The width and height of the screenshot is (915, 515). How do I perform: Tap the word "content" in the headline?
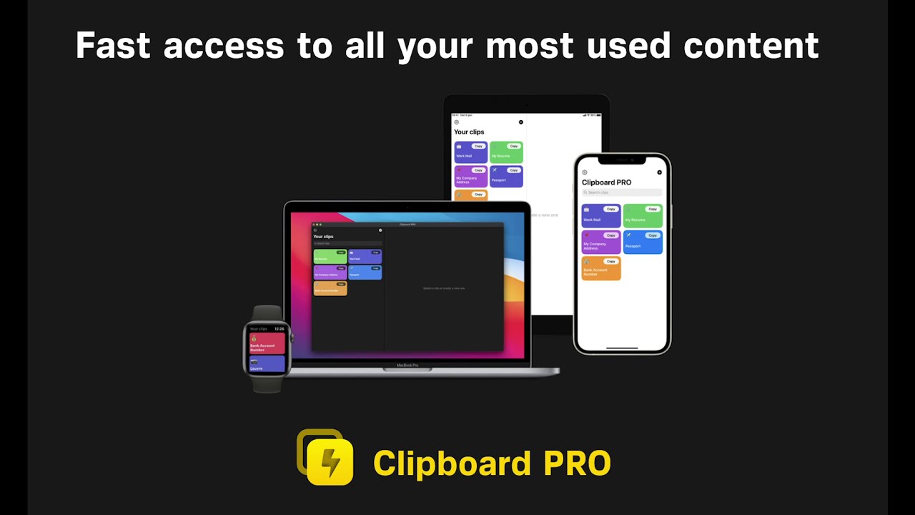751,46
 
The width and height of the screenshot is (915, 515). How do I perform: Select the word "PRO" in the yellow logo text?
577,463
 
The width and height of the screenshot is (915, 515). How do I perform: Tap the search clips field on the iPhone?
621,192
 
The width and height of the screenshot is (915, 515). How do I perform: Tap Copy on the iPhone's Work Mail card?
610,209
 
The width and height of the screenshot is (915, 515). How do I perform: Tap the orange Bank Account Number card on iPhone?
600,269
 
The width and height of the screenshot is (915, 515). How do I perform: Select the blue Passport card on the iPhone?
642,242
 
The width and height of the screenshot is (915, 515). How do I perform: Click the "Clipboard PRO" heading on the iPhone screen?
606,182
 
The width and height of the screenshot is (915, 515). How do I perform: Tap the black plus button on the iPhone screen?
659,172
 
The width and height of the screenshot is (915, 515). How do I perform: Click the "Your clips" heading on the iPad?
469,132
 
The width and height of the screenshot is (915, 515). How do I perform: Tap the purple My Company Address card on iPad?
470,177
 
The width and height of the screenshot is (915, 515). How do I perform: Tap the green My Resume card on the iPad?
506,152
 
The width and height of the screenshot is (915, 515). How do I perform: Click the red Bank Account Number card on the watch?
267,343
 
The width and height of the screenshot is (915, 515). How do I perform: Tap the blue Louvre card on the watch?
267,364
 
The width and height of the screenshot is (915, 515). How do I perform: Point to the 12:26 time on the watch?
279,329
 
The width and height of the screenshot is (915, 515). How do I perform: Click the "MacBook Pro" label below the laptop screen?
407,366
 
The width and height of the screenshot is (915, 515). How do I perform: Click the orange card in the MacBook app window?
330,288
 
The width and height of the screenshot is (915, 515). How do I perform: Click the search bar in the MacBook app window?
347,244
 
